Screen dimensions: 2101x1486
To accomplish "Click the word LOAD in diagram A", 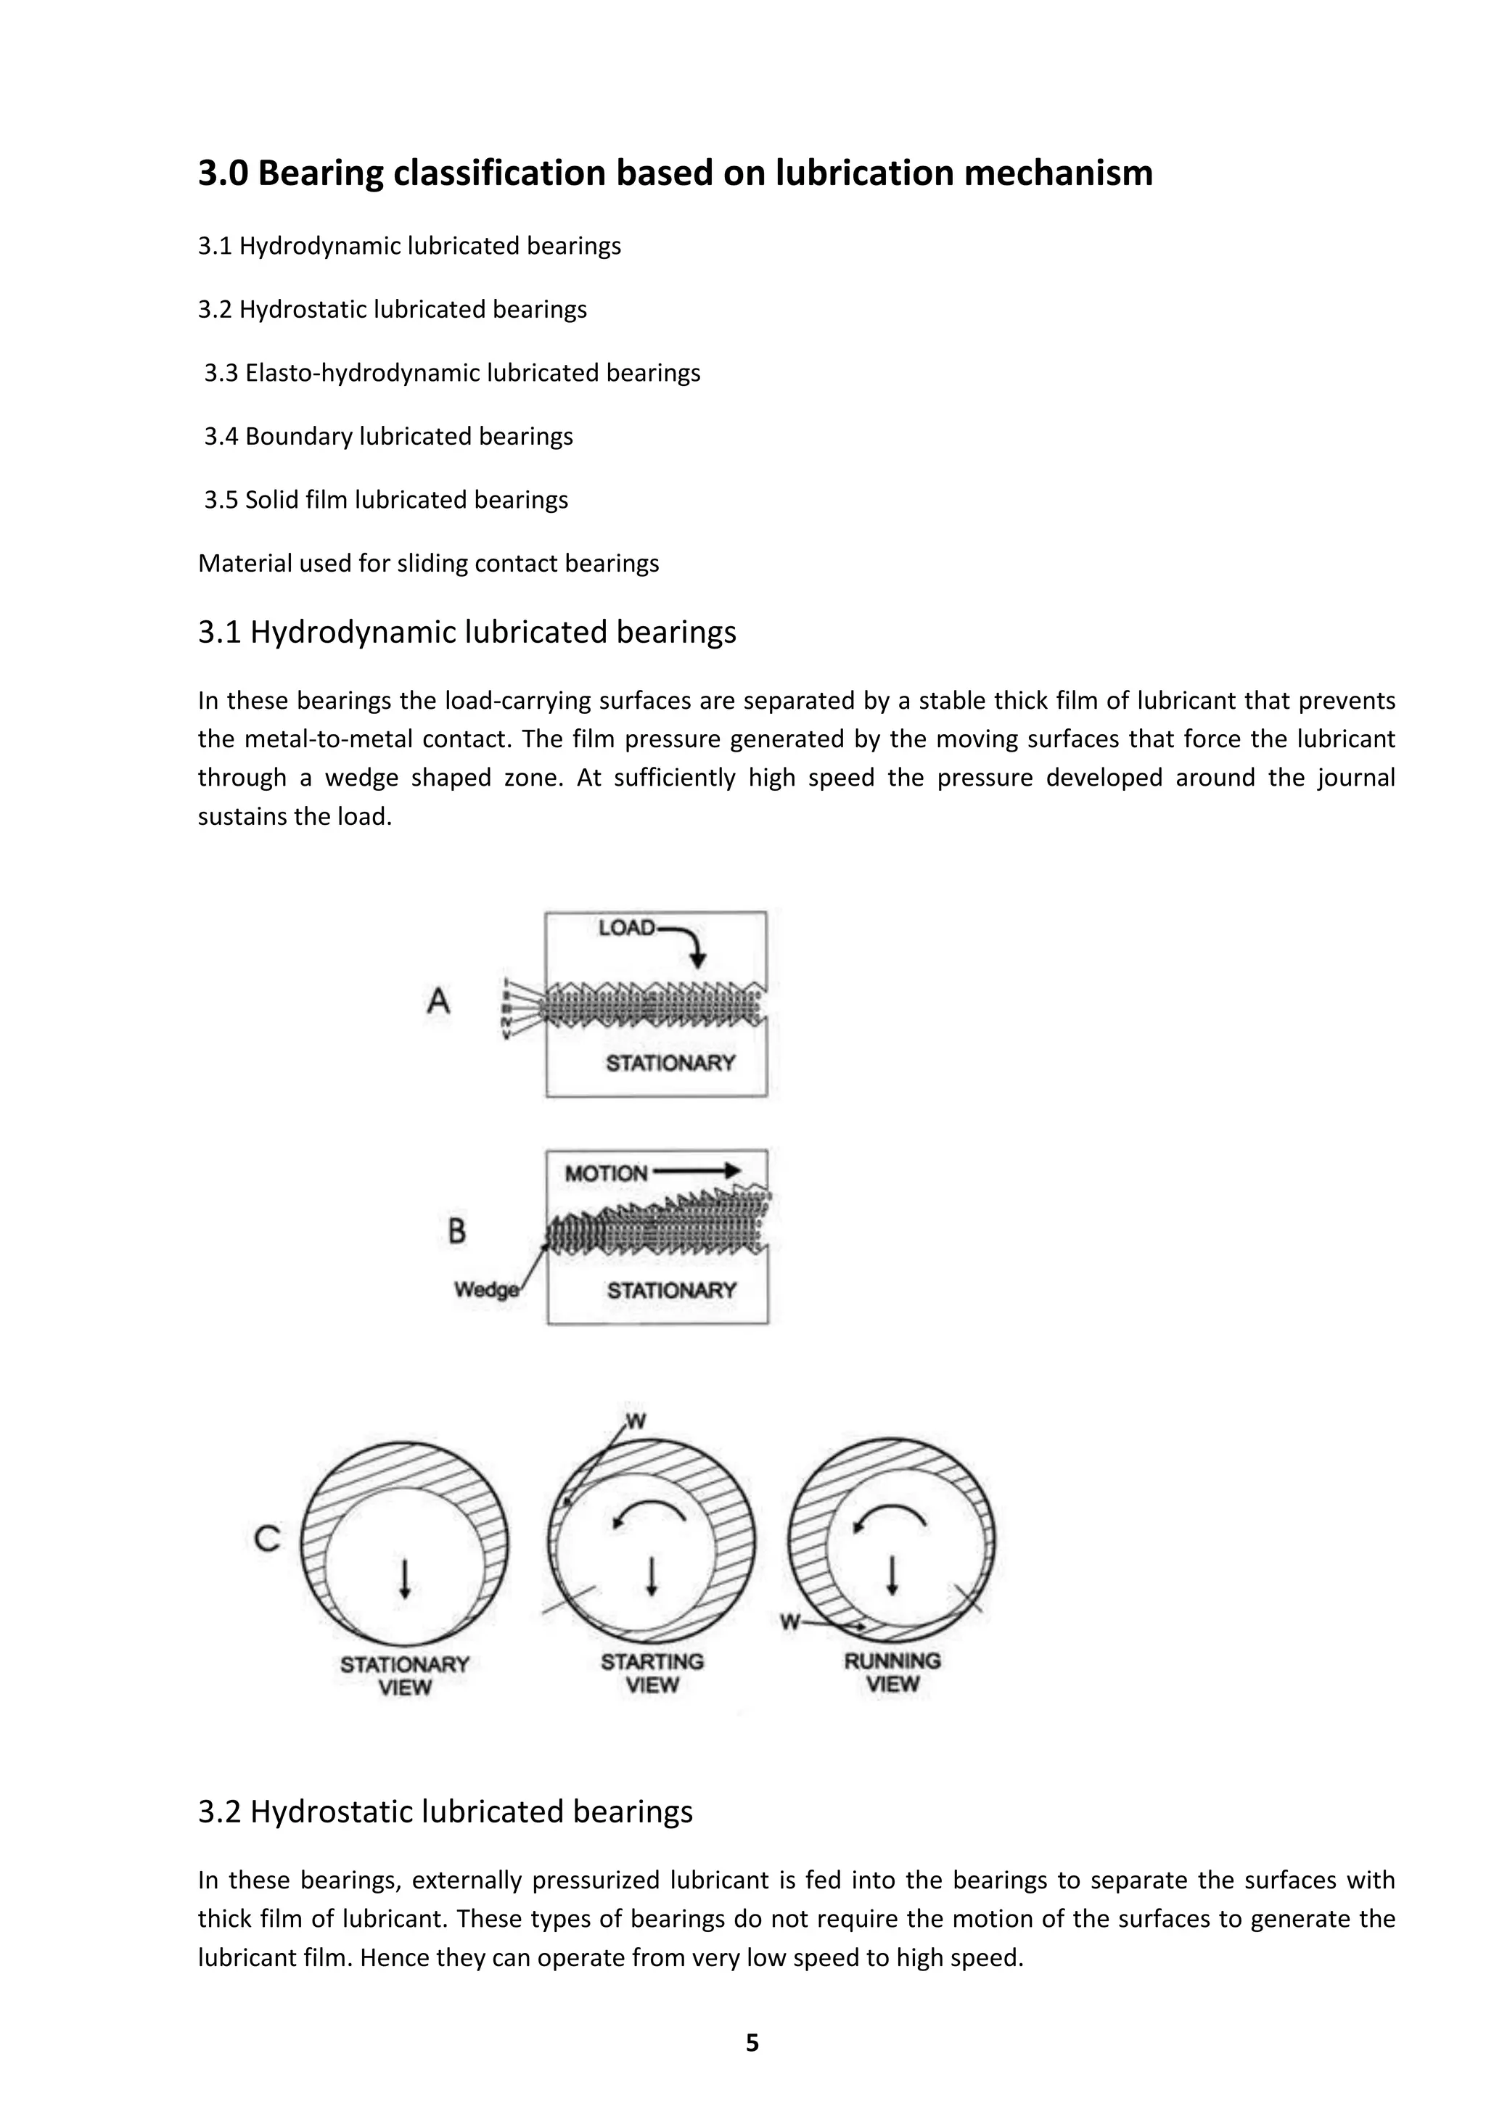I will pos(627,928).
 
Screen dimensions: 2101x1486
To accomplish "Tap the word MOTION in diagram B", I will pos(606,1173).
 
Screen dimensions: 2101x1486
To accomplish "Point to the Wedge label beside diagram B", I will pos(486,1289).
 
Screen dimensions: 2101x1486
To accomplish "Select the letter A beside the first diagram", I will pos(438,1001).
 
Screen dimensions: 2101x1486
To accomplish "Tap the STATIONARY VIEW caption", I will pos(404,1675).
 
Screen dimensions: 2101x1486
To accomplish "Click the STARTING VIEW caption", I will pos(652,1673).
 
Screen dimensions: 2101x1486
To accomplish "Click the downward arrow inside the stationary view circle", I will pos(404,1578).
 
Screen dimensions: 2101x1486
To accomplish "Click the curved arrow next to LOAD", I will pos(688,942).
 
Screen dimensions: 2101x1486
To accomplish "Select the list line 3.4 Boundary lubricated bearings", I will pos(389,437).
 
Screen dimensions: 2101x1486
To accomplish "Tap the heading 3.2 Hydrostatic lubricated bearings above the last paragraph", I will pos(446,1812).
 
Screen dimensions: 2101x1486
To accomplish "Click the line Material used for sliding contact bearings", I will pos(428,563).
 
